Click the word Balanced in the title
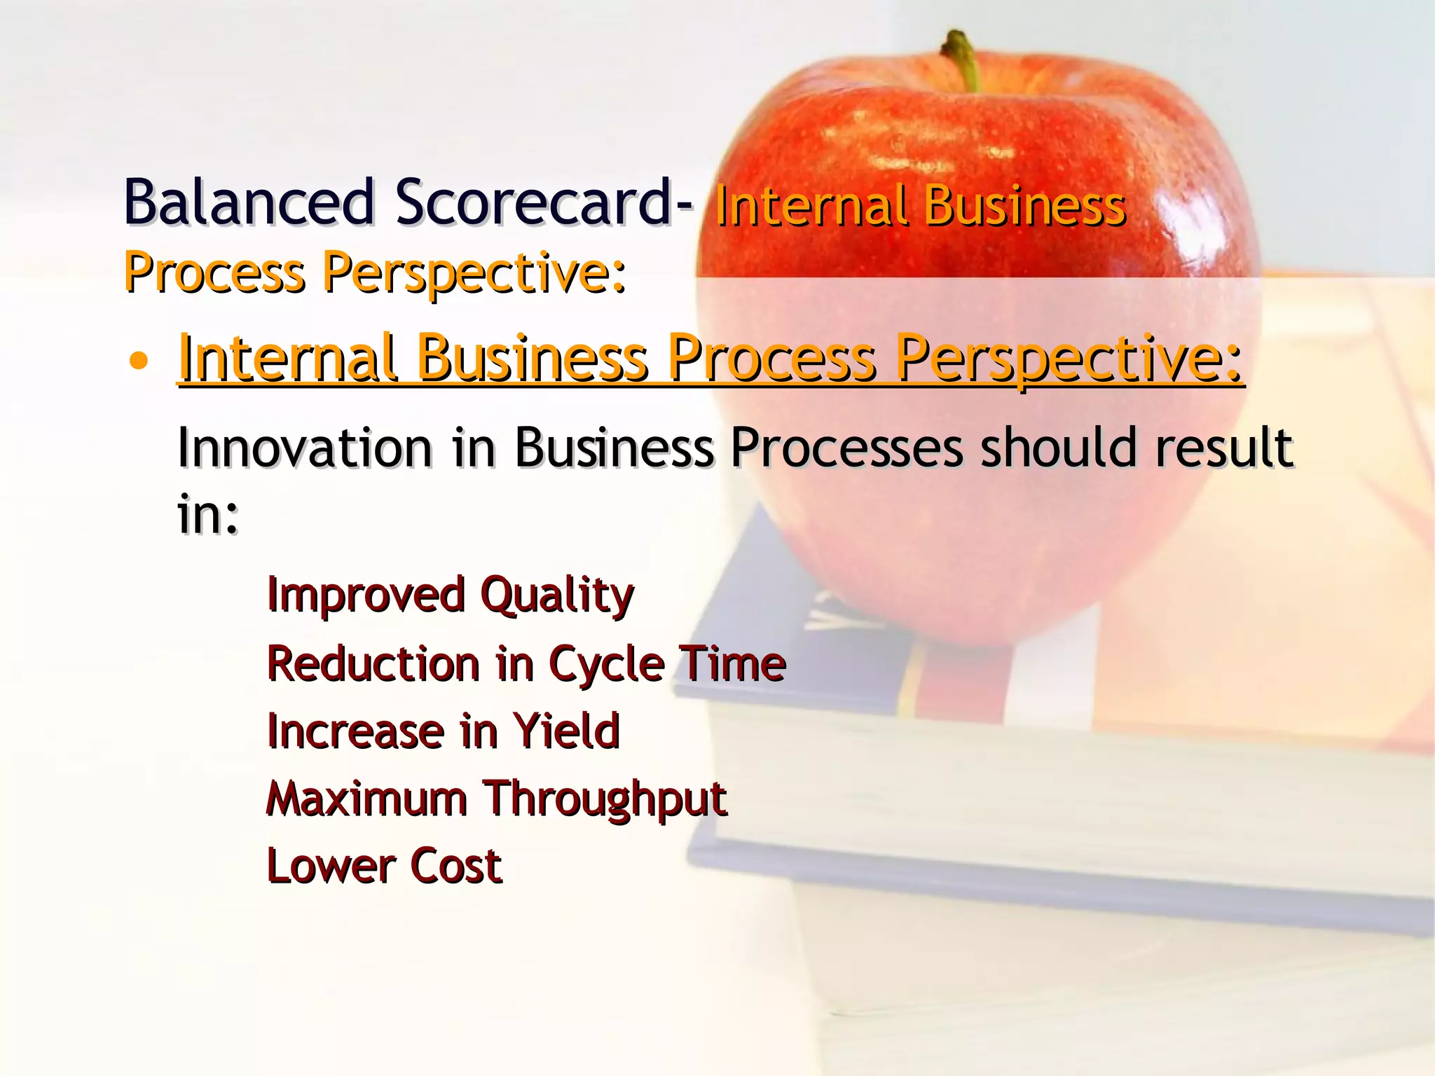click(x=249, y=202)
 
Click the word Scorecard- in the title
click(x=544, y=202)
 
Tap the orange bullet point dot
click(x=139, y=361)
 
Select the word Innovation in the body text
click(x=305, y=448)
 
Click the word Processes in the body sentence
click(x=846, y=448)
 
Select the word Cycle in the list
click(x=606, y=663)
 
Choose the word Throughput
click(x=606, y=799)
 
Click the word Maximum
click(x=366, y=798)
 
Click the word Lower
click(x=331, y=866)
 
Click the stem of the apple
click(x=963, y=60)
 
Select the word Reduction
click(x=373, y=663)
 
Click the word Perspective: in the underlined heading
click(x=1069, y=359)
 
